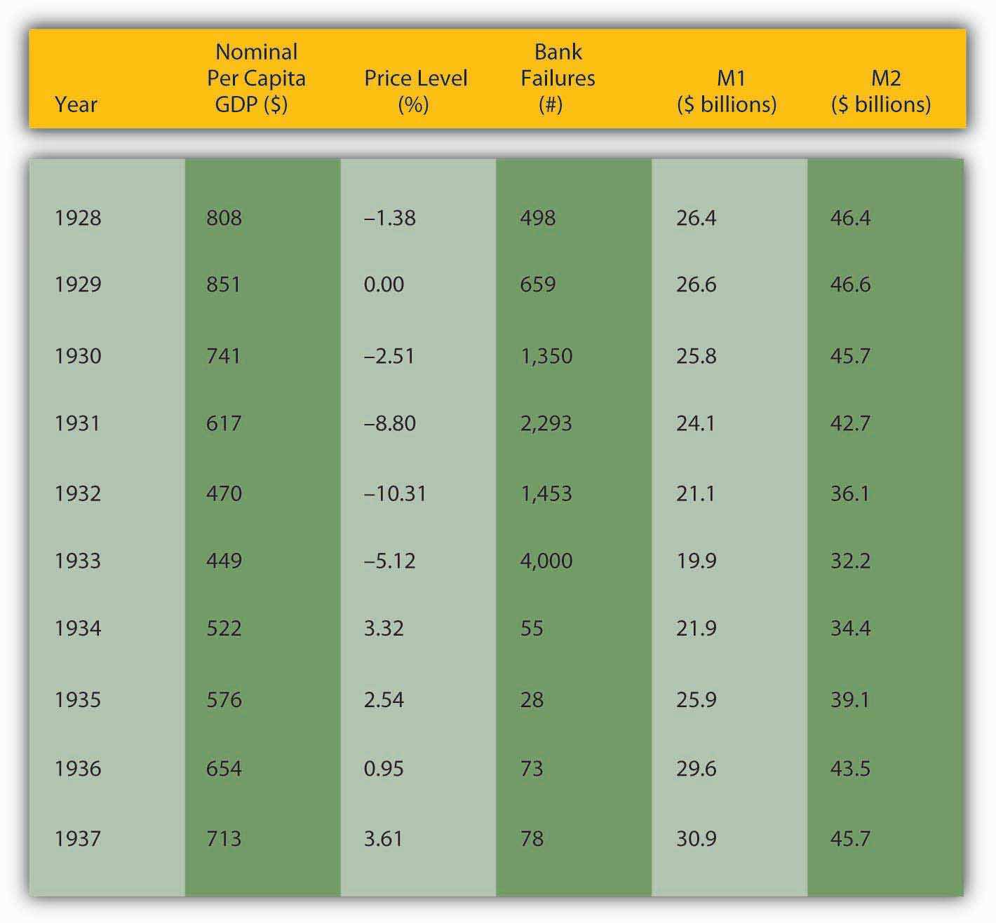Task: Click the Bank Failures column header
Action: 558,78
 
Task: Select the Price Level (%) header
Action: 415,90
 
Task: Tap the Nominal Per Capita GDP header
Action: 256,78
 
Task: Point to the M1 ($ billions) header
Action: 727,91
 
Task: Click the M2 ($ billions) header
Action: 881,91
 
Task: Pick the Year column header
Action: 76,104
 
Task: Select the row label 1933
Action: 78,561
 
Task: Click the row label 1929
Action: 78,284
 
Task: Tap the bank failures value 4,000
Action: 546,561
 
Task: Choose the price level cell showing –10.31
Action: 395,493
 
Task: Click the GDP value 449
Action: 224,561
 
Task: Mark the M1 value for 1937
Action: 696,838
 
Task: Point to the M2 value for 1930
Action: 850,356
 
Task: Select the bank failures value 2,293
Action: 546,423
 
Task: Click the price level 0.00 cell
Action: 384,284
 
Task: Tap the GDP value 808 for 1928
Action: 224,218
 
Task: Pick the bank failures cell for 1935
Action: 532,699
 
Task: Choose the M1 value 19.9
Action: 696,561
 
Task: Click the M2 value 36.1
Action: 850,493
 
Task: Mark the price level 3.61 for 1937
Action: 383,838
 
